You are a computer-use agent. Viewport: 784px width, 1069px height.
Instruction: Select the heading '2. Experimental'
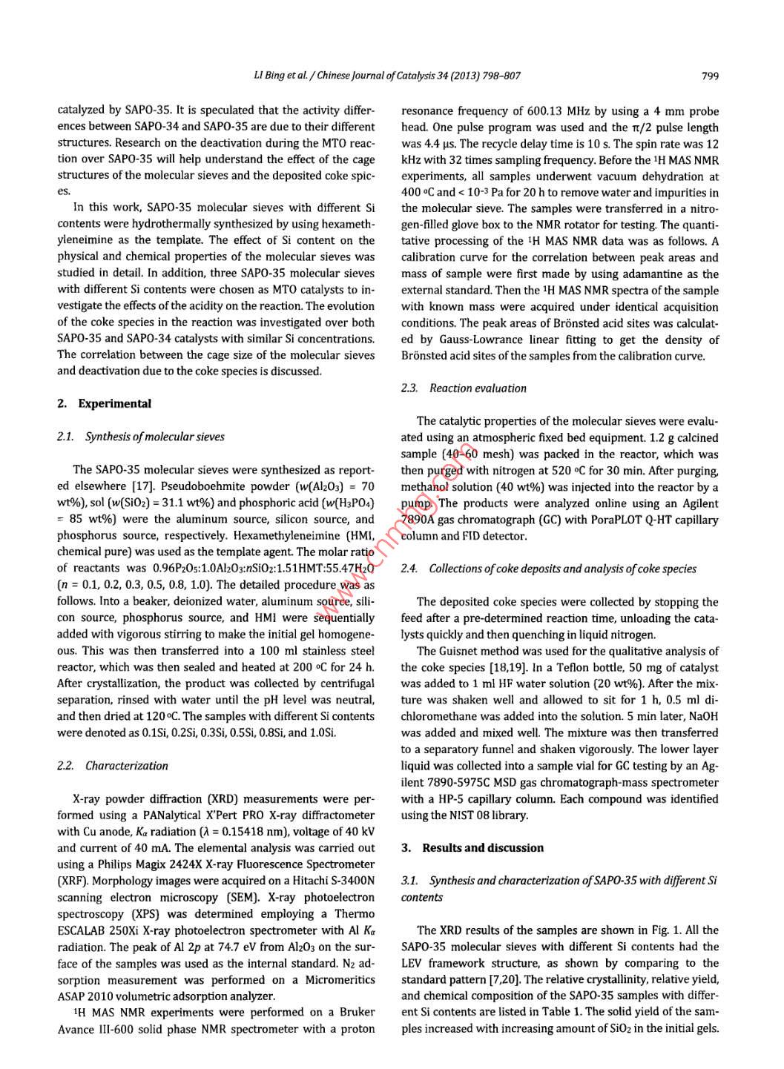104,404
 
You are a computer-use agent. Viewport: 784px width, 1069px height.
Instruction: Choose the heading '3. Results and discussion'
472,848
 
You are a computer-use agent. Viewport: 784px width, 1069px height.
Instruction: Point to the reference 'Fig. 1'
667,930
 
